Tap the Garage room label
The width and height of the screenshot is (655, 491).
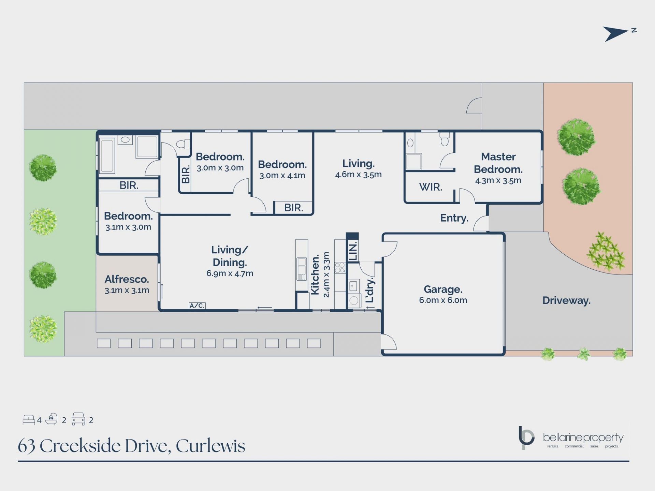[443, 289]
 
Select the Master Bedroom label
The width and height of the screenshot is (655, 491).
[498, 163]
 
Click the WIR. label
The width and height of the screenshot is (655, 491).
[431, 187]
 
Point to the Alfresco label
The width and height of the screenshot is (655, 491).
[127, 279]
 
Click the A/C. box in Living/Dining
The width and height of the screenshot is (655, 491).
[197, 306]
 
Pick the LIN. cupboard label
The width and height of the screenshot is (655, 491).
[353, 251]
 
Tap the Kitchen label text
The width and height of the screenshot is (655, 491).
[315, 274]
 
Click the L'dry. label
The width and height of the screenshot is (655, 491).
[370, 290]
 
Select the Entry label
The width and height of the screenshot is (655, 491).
[454, 218]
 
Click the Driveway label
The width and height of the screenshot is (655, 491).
[566, 300]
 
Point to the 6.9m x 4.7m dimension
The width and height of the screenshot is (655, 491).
[230, 273]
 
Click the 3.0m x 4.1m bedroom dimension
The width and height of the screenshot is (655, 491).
[282, 176]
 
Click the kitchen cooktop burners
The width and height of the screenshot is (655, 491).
[340, 268]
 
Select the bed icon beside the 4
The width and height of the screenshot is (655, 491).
[29, 420]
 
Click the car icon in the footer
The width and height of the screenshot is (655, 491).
[78, 419]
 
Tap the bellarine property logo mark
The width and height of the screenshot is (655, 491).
[526, 437]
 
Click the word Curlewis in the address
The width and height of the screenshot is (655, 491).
[210, 446]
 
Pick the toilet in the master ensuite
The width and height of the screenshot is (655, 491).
[445, 139]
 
